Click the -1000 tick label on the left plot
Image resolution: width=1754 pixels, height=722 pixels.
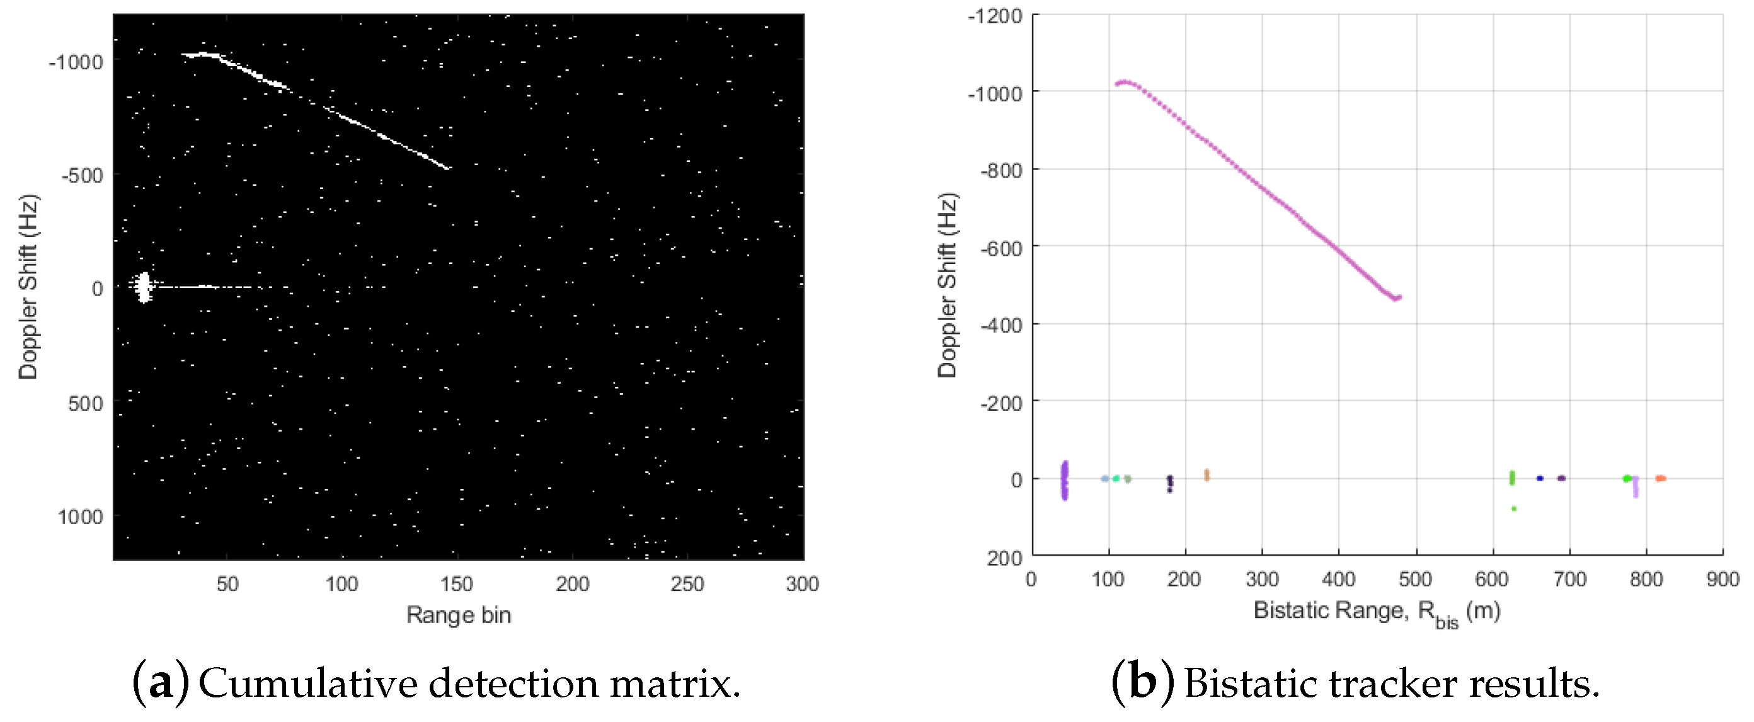(75, 62)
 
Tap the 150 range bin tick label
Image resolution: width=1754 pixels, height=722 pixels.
(456, 584)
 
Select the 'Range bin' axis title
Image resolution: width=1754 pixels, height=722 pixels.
(458, 615)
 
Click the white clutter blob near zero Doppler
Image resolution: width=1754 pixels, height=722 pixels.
(143, 287)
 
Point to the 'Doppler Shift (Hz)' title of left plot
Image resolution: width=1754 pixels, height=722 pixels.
(28, 287)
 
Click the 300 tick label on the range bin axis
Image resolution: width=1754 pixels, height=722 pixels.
(801, 584)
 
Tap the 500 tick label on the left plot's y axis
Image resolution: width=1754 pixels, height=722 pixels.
(85, 403)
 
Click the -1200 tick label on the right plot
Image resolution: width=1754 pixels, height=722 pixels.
(995, 16)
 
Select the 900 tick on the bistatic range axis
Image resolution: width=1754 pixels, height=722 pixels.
(1722, 580)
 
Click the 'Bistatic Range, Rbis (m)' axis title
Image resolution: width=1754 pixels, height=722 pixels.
(1376, 612)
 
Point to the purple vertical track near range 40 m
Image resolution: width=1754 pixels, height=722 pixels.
(1064, 480)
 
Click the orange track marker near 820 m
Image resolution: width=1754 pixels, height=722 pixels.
(1661, 478)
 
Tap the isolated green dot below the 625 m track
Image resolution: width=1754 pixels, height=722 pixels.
(1513, 509)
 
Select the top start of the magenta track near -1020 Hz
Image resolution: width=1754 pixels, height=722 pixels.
(1119, 84)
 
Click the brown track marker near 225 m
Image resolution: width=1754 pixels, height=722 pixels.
(1206, 475)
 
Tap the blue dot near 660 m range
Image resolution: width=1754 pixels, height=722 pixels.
(1540, 478)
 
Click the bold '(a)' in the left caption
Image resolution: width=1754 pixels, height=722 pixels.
(161, 683)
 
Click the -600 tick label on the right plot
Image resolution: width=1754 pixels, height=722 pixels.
(1001, 249)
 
